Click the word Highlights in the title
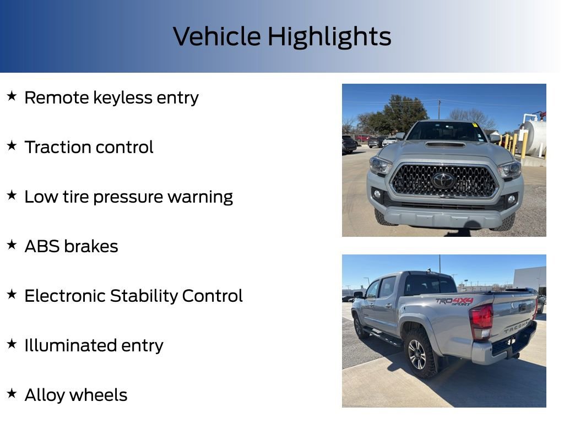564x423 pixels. click(x=329, y=37)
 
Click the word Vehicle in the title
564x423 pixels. click(x=217, y=37)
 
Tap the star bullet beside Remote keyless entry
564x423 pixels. click(x=12, y=96)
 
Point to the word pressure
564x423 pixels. click(x=129, y=197)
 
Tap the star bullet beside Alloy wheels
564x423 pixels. click(x=12, y=394)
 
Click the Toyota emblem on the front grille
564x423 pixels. click(x=443, y=180)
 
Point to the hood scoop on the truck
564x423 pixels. click(x=446, y=145)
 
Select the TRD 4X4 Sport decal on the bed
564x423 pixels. click(x=454, y=301)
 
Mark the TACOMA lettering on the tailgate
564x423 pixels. click(x=516, y=327)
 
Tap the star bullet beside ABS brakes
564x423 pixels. click(x=12, y=245)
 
